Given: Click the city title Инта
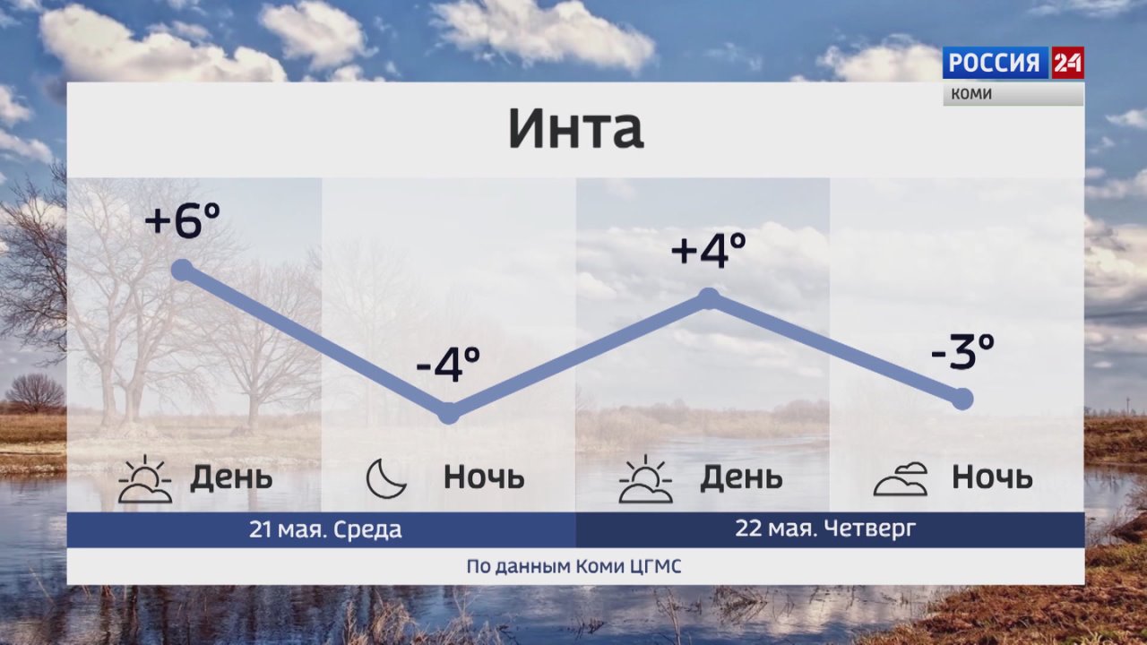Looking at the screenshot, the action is [575, 128].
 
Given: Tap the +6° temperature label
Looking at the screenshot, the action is [182, 220].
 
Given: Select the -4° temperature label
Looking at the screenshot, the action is [448, 365].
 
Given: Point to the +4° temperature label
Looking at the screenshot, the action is [708, 250].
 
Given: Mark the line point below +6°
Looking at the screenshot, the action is [182, 271].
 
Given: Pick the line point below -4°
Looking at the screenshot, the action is [449, 413].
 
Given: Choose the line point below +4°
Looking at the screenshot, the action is [709, 299].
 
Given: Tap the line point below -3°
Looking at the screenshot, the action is [962, 400].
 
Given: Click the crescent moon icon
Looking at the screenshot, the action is [386, 478].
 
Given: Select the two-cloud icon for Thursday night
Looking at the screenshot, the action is [901, 479].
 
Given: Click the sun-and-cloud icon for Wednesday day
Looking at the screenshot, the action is [145, 478].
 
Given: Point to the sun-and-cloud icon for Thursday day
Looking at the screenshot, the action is [645, 478].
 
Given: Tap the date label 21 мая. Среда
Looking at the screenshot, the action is [325, 529].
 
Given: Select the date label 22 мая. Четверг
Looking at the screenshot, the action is [825, 529].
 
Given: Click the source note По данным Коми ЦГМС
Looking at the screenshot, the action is [573, 567].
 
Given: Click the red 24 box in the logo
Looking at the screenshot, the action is [1067, 63].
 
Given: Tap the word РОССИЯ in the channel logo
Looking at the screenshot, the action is [995, 63].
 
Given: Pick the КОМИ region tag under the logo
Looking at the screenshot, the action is [971, 94].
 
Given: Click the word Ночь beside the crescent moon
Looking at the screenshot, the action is [484, 477].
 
